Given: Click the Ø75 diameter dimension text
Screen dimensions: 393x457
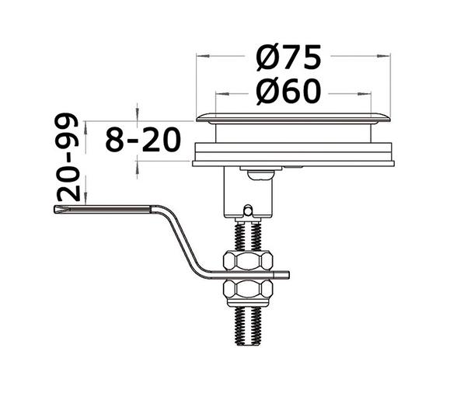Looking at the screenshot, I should pos(288,57).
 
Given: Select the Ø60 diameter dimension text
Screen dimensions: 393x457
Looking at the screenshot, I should pos(288,92).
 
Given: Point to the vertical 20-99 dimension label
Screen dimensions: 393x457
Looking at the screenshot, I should pos(68,159).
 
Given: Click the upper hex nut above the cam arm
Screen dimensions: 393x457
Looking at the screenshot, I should pos(248,261).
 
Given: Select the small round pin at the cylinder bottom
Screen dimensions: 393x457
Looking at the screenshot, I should pos(247,210).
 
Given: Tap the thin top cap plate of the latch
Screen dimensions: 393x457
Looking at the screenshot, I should pos(292,118).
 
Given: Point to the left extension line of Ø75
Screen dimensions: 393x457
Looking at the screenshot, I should pos(197,85).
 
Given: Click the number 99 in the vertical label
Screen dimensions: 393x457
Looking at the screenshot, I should pos(68,132).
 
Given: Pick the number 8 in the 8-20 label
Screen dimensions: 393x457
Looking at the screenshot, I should pos(115,141).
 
